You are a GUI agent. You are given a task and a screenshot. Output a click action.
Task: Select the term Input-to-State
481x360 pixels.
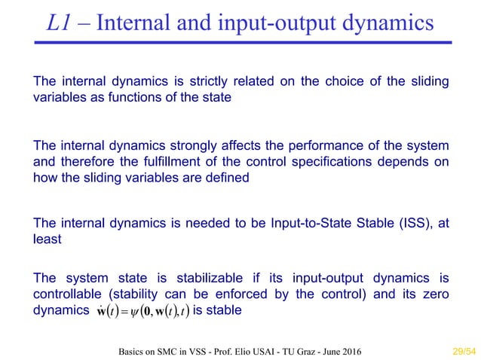274,223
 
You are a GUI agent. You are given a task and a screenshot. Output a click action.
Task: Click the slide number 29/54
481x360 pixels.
452,350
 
